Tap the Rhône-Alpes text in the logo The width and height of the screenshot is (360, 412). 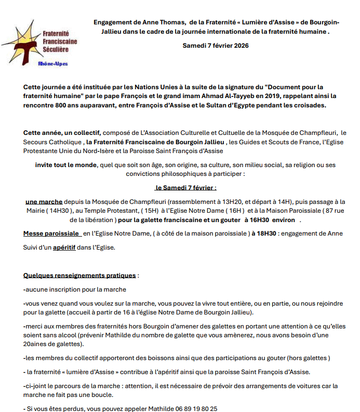pyautogui.click(x=53, y=64)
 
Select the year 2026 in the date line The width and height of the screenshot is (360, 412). pyautogui.click(x=239, y=46)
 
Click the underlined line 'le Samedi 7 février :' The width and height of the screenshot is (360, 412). pyautogui.click(x=185, y=187)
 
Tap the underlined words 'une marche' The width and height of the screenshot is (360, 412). pyautogui.click(x=44, y=201)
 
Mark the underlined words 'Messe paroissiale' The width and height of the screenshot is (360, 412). pyautogui.click(x=51, y=234)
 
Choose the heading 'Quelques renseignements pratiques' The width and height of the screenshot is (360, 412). pyautogui.click(x=79, y=275)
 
